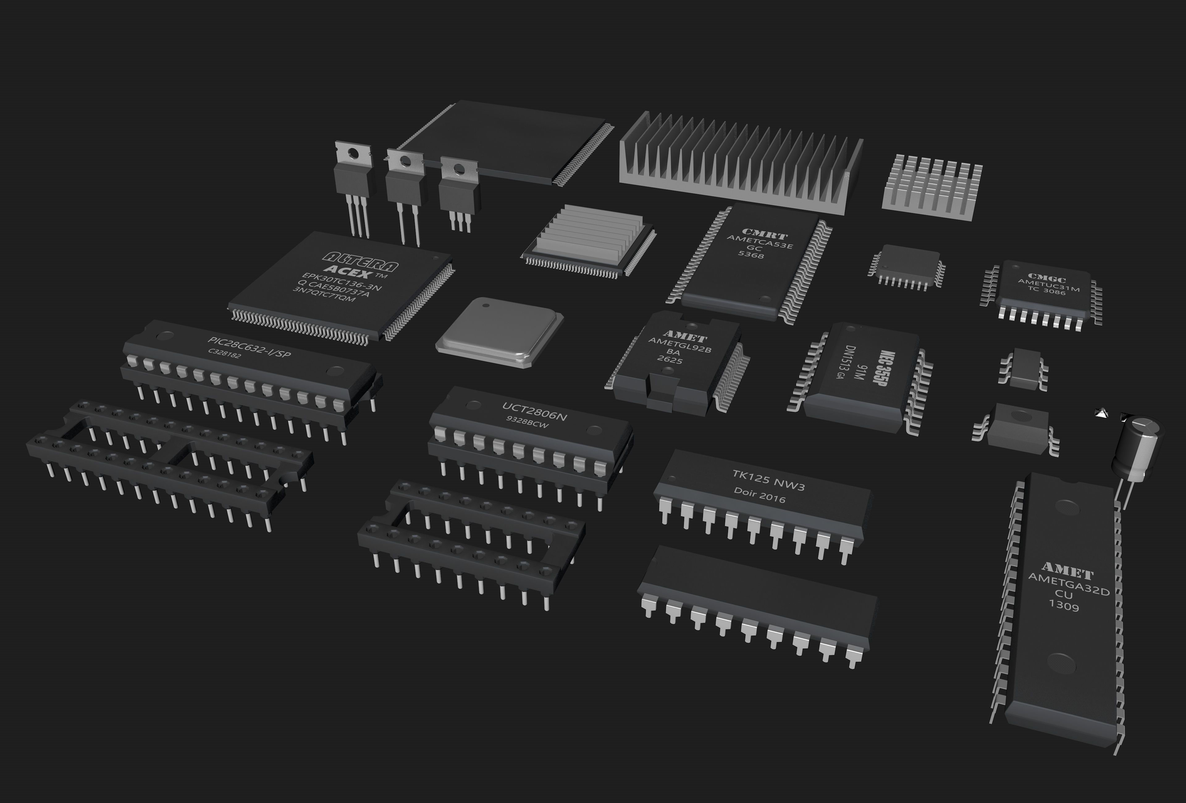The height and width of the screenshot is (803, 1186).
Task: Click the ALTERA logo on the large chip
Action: point(362,261)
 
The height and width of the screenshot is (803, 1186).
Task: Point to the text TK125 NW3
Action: point(768,481)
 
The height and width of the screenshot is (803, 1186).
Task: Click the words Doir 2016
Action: point(759,495)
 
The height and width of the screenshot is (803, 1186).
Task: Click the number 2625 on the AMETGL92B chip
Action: point(670,360)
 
